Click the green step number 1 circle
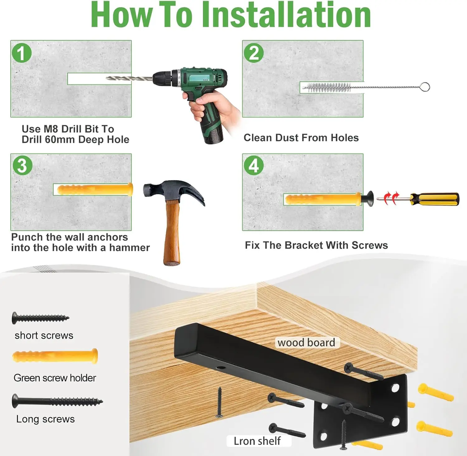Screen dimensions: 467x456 (21, 53)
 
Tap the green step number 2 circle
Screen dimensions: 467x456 (253, 53)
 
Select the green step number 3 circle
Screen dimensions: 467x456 (22, 165)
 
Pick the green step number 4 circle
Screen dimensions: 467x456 (253, 165)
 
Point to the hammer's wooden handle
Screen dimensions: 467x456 (172, 232)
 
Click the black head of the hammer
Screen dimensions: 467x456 (174, 191)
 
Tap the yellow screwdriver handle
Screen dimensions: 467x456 (434, 199)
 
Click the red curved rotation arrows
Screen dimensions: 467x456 (391, 198)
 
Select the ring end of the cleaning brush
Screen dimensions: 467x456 (425, 87)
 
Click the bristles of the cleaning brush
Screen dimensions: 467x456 (327, 87)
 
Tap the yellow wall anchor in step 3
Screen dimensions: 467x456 (95, 189)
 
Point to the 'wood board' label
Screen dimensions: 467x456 (306, 342)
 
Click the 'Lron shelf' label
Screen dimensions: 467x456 (257, 440)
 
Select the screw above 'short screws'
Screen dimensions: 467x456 (40, 318)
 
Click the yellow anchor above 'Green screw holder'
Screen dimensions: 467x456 (55, 356)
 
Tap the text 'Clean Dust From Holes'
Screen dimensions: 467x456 (301, 137)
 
